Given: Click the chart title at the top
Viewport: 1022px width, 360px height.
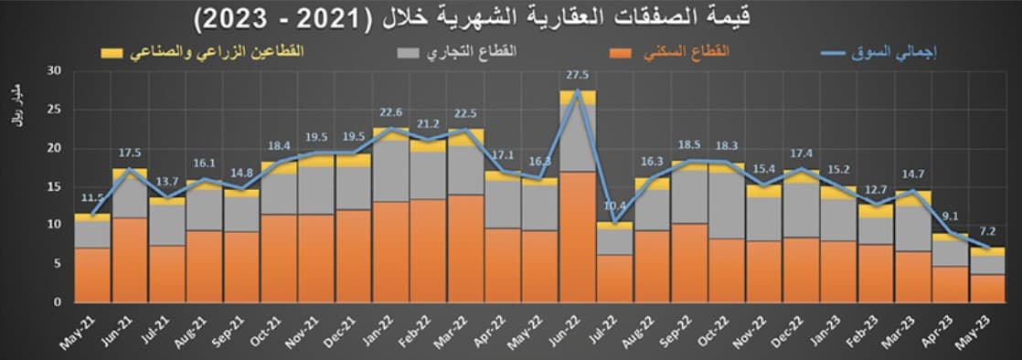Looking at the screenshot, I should (511, 16).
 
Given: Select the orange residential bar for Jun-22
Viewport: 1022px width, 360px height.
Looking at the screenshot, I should (578, 237).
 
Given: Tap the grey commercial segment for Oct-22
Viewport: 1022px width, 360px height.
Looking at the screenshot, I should (726, 206).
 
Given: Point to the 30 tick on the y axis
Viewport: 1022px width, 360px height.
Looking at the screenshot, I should (54, 70).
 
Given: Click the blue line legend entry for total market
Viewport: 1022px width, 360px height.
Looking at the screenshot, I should (878, 53).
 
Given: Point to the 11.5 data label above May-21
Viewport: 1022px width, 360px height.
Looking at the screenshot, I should (91, 198).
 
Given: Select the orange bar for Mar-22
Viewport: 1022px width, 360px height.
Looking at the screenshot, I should (465, 249).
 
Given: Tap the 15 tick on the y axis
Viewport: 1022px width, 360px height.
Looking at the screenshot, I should (54, 186).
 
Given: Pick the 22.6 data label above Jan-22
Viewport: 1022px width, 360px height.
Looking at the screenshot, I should (391, 113).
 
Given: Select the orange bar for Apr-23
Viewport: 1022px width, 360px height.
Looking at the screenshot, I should (951, 284).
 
